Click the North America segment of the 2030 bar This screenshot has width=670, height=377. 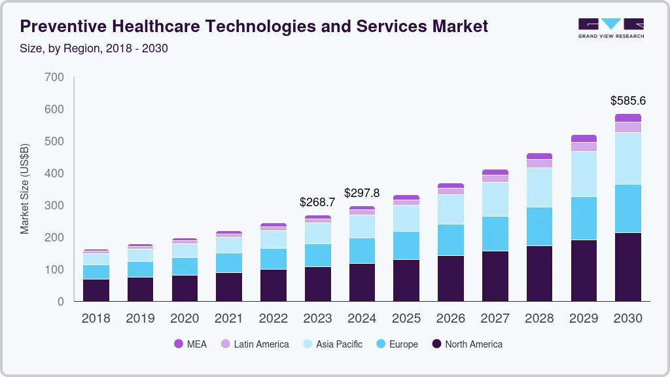628,266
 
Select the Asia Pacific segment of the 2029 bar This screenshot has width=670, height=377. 584,173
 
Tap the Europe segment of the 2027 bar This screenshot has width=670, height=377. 495,233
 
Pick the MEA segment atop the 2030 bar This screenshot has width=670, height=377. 628,118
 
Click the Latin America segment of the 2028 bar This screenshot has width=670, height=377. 539,164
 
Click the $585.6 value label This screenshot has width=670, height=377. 628,101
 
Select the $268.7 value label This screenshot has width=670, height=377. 317,202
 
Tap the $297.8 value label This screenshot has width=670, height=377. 362,193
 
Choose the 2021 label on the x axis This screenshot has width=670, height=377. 229,319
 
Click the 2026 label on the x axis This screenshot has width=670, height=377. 451,319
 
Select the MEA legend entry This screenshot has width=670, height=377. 190,344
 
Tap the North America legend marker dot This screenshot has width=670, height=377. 437,344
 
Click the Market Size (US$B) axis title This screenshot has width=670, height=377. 25,188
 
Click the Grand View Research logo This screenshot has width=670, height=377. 610,27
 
